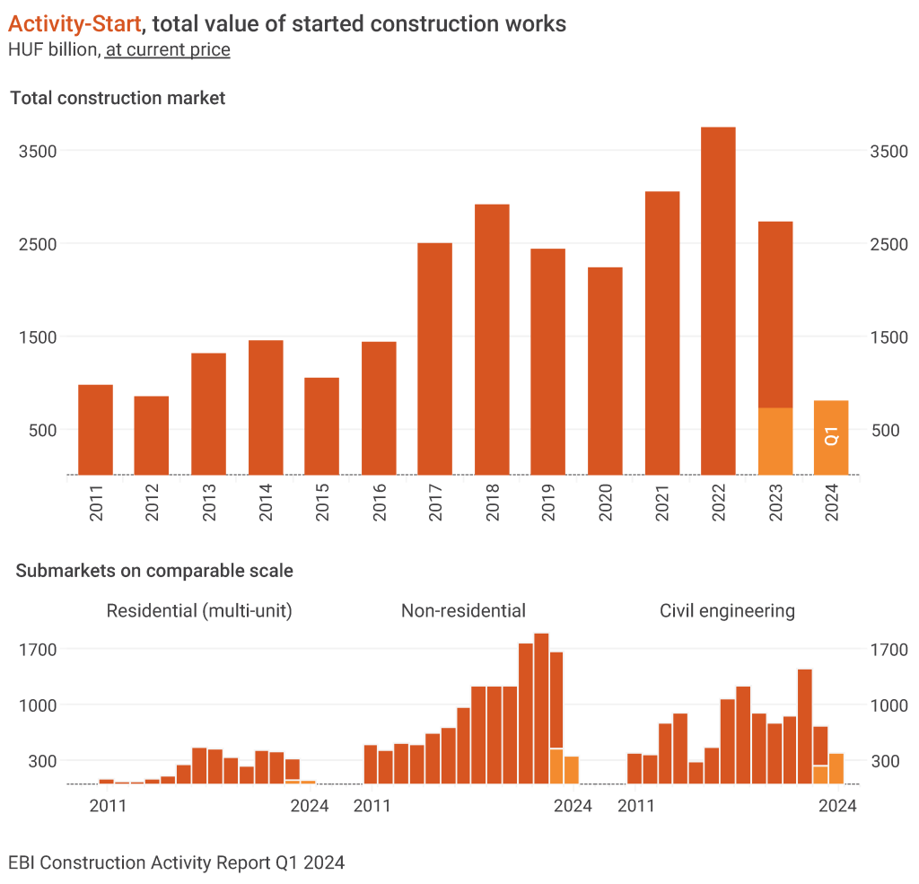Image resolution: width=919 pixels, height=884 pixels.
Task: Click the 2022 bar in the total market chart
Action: [x=718, y=301]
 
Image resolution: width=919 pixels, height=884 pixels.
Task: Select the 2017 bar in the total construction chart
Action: [x=434, y=359]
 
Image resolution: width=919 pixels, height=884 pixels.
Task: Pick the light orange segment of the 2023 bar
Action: [x=775, y=441]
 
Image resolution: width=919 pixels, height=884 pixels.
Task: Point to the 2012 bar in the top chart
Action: [x=151, y=435]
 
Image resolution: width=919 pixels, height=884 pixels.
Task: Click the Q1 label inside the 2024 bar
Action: [x=831, y=437]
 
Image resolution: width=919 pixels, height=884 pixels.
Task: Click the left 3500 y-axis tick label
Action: [x=39, y=151]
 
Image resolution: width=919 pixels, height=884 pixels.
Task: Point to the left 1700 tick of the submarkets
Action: [x=39, y=649]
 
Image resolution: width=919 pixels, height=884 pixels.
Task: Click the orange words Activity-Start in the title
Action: [x=74, y=23]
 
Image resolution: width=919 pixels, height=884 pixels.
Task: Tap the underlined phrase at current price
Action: [x=168, y=49]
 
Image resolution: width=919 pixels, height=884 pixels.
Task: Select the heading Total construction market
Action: [x=118, y=98]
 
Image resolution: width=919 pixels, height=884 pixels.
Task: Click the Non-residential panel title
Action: [x=463, y=611]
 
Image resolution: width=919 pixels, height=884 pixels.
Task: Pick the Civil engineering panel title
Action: [x=727, y=611]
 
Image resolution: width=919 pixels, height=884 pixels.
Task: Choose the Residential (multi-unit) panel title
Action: [x=199, y=611]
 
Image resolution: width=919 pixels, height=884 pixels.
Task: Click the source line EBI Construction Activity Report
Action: [x=176, y=862]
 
